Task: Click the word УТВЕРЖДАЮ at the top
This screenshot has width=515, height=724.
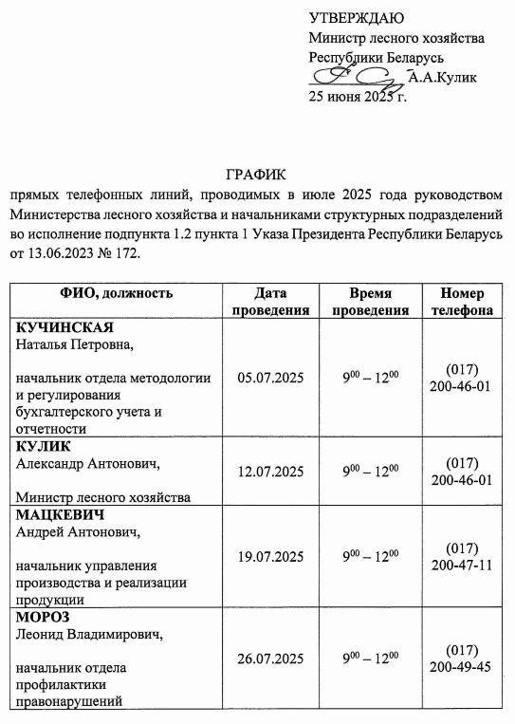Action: pyautogui.click(x=356, y=18)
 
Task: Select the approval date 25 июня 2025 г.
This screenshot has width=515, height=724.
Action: pyautogui.click(x=358, y=97)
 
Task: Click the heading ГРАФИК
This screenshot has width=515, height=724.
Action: pyautogui.click(x=255, y=176)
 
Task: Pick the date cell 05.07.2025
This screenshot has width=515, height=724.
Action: pyautogui.click(x=270, y=378)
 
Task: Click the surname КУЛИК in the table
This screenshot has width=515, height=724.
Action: pyautogui.click(x=44, y=447)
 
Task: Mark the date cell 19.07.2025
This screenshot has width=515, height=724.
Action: pyautogui.click(x=270, y=557)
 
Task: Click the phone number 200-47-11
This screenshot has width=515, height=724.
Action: pyautogui.click(x=461, y=566)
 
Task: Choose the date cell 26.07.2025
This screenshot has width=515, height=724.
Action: pyautogui.click(x=270, y=659)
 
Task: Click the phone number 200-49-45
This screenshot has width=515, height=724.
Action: pyautogui.click(x=461, y=667)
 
